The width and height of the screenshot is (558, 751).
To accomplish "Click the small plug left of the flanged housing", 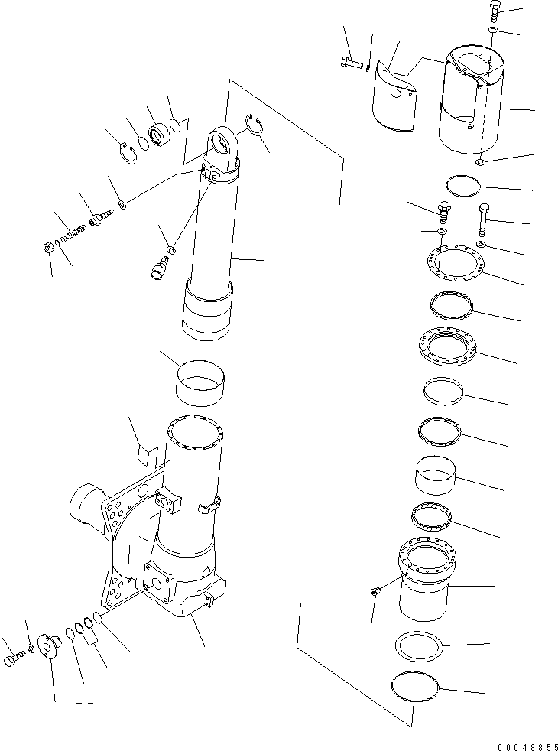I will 375,591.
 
